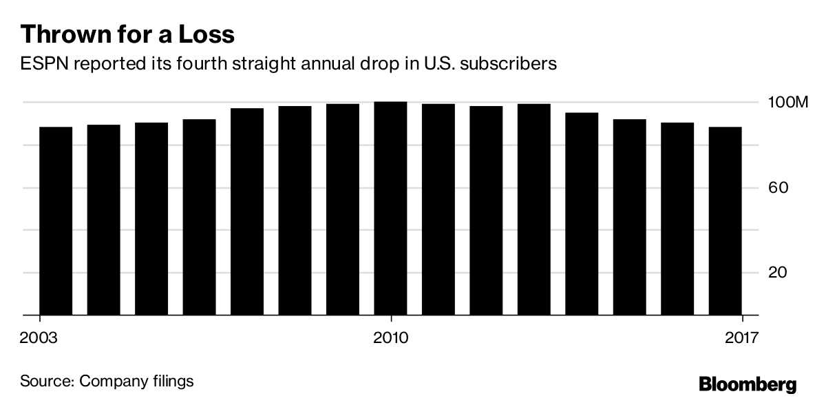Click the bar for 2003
56,220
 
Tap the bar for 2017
725,220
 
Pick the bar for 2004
103,220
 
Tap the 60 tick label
777,188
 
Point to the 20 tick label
777,273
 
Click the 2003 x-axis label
39,337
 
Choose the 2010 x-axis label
391,337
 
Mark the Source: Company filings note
107,381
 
